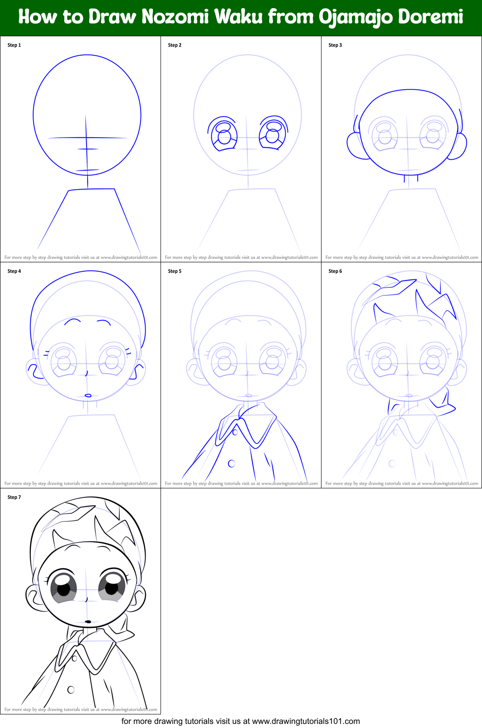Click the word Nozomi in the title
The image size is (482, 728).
[x=175, y=17]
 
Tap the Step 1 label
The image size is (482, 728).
[x=14, y=45]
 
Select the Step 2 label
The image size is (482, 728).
[x=175, y=45]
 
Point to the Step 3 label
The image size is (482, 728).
[x=335, y=45]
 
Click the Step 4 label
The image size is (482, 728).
[x=14, y=271]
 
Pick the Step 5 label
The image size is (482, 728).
[x=175, y=271]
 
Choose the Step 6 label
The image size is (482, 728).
[x=335, y=271]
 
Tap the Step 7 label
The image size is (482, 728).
[x=14, y=497]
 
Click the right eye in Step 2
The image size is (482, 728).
[x=273, y=134]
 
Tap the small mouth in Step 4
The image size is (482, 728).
[x=88, y=395]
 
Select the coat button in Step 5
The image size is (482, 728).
[x=231, y=463]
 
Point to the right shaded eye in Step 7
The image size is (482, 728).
[x=112, y=587]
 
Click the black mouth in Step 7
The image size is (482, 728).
[x=88, y=622]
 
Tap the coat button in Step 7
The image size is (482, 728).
[x=71, y=689]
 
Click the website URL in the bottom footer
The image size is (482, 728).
[x=306, y=721]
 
